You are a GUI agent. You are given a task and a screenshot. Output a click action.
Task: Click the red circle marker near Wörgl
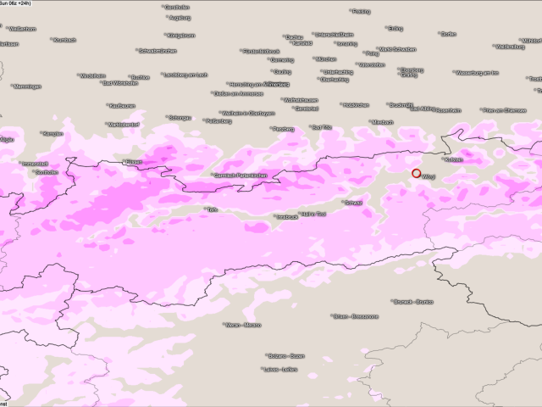pyautogui.click(x=417, y=173)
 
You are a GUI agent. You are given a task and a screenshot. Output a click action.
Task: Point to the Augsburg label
pyautogui.click(x=179, y=17)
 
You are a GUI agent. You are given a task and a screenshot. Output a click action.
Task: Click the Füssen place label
pyautogui.click(x=133, y=161)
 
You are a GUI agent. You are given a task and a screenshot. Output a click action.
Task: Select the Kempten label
pyautogui.click(x=53, y=133)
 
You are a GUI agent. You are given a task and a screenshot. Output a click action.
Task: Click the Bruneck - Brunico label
pyautogui.click(x=412, y=301)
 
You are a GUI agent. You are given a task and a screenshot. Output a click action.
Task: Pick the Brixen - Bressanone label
pyautogui.click(x=355, y=316)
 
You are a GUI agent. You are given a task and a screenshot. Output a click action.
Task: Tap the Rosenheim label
pyautogui.click(x=447, y=110)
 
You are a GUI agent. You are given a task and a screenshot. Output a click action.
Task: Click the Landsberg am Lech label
pyautogui.click(x=184, y=75)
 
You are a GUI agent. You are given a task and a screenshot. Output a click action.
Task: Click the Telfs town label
pyautogui.click(x=212, y=209)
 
